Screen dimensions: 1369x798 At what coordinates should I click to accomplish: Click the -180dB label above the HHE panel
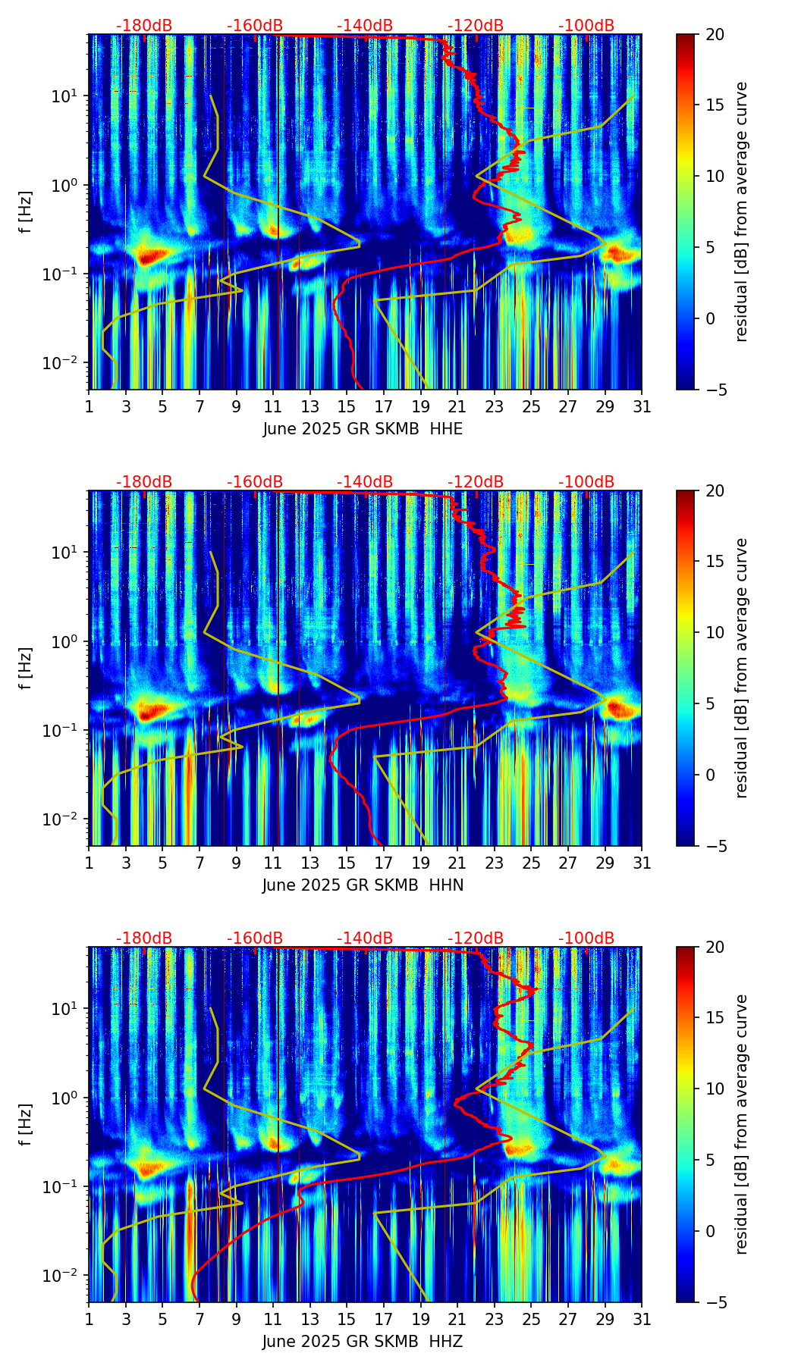(144, 26)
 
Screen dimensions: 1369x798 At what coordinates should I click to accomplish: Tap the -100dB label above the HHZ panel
(586, 938)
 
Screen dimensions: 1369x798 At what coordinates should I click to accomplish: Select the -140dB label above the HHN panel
(365, 482)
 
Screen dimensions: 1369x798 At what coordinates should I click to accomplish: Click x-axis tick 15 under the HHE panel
(347, 406)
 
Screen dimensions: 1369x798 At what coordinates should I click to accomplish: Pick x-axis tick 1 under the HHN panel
(89, 863)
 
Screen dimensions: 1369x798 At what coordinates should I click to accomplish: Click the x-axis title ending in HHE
(363, 429)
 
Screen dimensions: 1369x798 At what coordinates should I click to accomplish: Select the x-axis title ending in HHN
(363, 885)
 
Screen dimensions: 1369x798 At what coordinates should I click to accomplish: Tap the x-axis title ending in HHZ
(363, 1342)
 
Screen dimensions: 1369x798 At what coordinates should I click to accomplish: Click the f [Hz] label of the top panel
(26, 212)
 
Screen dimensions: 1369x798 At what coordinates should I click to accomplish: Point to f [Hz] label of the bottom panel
(26, 1125)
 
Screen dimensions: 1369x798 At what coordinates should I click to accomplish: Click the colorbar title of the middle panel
(741, 668)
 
